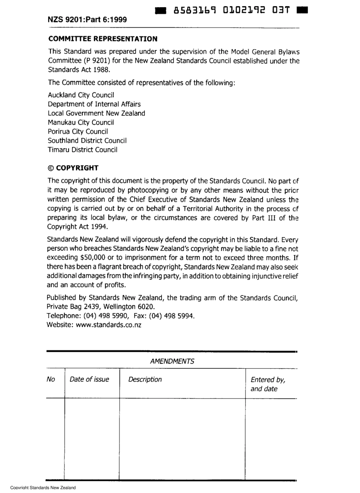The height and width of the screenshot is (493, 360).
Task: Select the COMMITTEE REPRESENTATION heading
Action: click(102, 39)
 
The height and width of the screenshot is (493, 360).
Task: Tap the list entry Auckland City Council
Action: click(81, 95)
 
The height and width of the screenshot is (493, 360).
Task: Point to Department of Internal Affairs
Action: click(94, 104)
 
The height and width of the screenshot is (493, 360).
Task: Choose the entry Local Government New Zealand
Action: click(96, 113)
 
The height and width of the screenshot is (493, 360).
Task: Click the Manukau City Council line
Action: click(81, 122)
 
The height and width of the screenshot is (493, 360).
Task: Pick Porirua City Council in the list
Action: click(78, 131)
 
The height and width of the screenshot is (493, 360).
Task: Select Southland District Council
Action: click(87, 141)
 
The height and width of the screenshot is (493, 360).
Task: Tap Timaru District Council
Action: click(83, 150)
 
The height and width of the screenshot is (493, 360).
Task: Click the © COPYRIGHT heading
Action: click(73, 168)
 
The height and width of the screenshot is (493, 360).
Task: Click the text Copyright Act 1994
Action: click(78, 227)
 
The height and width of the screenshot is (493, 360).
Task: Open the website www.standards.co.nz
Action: click(108, 325)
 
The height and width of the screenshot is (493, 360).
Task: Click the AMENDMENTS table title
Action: click(172, 361)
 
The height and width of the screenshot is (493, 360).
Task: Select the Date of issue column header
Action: click(89, 380)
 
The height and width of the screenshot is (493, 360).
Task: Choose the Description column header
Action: click(145, 380)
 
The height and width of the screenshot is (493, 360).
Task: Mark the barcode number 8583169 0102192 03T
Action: click(232, 10)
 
